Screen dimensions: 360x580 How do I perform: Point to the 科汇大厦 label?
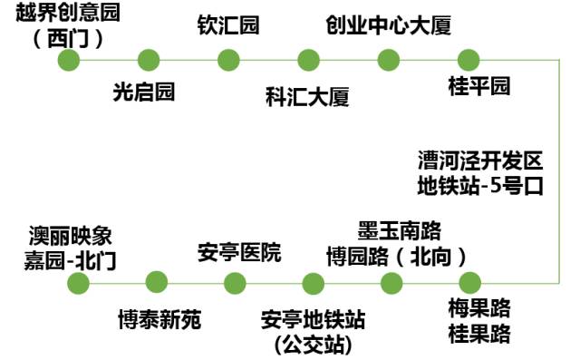(307, 94)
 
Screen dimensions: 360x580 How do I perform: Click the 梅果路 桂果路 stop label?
(479, 318)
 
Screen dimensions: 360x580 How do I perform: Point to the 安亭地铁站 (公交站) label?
(313, 332)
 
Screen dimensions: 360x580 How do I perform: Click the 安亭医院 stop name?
(239, 252)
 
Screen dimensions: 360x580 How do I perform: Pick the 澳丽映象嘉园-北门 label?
(72, 248)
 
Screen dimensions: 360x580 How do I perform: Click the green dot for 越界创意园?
(69, 60)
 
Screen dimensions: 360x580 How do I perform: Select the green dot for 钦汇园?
(228, 60)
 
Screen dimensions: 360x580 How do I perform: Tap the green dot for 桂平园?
(468, 60)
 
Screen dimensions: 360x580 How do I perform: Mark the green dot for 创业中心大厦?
(389, 60)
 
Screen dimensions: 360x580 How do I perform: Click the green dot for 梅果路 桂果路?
(469, 282)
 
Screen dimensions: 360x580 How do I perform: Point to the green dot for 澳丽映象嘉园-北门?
(79, 282)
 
